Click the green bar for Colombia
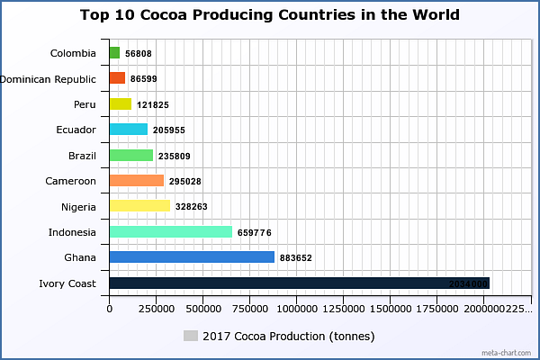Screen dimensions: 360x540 point(114,53)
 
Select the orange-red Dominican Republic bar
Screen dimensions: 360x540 point(117,78)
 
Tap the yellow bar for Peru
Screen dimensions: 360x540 point(121,104)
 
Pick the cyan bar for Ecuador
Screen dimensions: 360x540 point(128,130)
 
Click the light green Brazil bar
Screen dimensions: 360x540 point(130,156)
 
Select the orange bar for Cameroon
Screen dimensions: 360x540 point(136,181)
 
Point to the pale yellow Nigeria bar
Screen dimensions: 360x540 point(139,206)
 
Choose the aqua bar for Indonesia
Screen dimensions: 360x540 point(170,232)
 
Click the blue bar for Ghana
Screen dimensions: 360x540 point(191,257)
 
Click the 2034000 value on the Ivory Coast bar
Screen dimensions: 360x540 point(468,284)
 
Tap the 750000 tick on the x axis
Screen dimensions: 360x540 point(250,308)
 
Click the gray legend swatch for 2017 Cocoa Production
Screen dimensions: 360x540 point(190,336)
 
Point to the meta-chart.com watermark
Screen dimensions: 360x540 point(508,352)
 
